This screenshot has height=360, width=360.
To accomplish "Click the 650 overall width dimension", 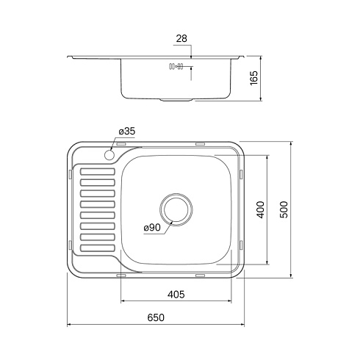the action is (x=156, y=317).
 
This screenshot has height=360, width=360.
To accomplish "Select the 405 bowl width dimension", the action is (x=176, y=294).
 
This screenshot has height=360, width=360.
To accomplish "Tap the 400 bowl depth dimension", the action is (x=260, y=209).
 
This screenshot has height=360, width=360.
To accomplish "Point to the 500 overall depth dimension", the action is (x=284, y=209).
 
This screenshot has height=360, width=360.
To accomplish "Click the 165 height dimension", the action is (x=254, y=78).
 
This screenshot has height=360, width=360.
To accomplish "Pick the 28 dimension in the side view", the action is (x=181, y=38).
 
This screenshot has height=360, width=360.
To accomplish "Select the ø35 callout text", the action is (x=127, y=132).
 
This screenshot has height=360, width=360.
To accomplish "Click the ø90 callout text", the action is (x=152, y=228).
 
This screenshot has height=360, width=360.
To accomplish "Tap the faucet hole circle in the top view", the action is (x=109, y=155).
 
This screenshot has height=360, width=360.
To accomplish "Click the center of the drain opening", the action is (x=176, y=209).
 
